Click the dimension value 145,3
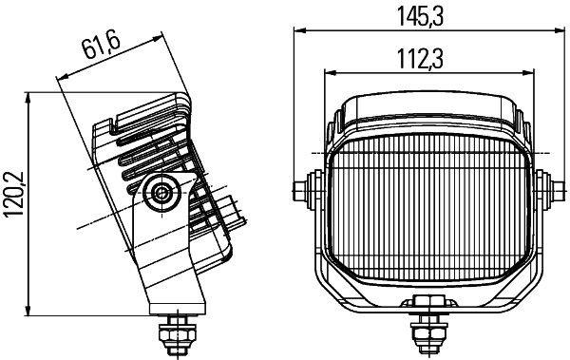(424, 14)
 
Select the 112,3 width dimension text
(424, 58)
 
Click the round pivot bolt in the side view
(161, 195)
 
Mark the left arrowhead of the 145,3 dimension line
(294, 31)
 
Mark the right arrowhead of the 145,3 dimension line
(555, 31)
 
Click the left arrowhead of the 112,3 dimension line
(328, 72)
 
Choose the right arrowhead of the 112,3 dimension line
(521, 72)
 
